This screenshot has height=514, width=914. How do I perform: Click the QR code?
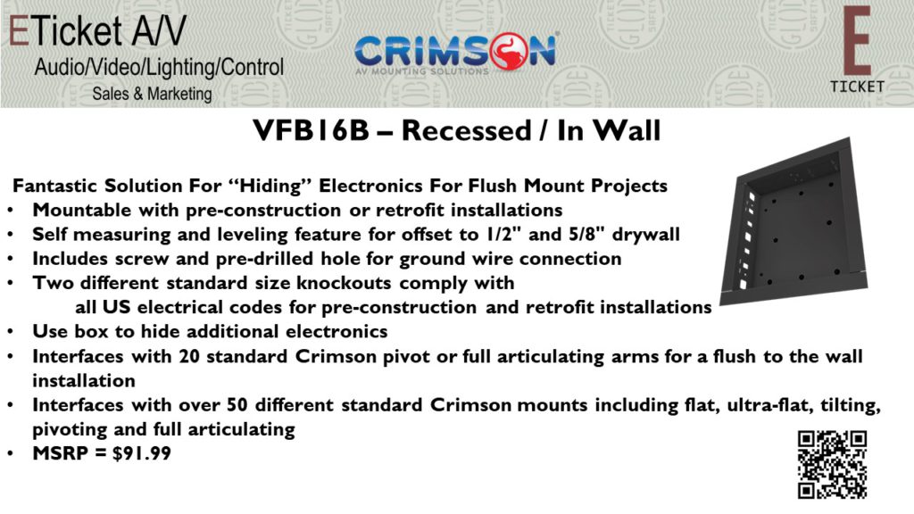833,464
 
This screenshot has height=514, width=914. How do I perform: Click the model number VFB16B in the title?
312,130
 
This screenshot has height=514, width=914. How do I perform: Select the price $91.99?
142,453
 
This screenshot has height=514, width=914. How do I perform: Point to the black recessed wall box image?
794,222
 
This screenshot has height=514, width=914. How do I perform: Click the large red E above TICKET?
857,40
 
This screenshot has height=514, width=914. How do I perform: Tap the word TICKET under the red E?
857,87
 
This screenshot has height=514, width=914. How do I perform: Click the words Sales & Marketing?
152,93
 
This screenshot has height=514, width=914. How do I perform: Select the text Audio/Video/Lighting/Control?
159,67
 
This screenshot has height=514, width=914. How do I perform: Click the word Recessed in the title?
466,130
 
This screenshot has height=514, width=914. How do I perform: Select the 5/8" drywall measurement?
624,235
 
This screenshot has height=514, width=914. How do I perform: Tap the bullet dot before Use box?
11,332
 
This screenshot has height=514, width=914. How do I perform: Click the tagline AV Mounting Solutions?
422,71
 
